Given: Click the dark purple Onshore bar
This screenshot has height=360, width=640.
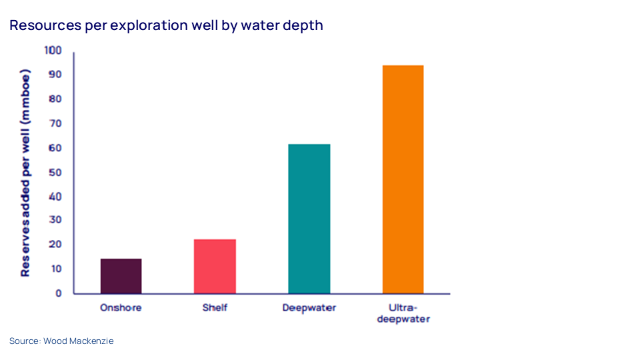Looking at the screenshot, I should [121, 276].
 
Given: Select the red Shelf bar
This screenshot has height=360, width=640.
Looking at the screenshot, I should [215, 266].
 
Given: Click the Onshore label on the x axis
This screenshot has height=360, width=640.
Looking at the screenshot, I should [121, 308].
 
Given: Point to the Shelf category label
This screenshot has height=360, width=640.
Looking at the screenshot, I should [215, 308].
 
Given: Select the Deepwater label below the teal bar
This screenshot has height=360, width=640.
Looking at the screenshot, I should [309, 308].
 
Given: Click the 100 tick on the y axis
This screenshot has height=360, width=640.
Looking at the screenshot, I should [53, 50].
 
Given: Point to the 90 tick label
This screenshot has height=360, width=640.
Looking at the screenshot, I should [55, 75].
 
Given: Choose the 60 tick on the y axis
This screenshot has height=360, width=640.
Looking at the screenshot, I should [55, 148].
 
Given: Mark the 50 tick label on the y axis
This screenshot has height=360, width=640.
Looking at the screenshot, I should [55, 172].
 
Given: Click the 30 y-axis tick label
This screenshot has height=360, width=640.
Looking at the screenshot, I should [55, 221].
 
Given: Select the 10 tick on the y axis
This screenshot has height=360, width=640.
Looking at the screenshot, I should [55, 269].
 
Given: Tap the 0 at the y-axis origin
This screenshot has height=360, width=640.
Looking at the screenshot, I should [58, 293].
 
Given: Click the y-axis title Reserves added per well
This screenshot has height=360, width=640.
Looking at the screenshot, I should [25, 172].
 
